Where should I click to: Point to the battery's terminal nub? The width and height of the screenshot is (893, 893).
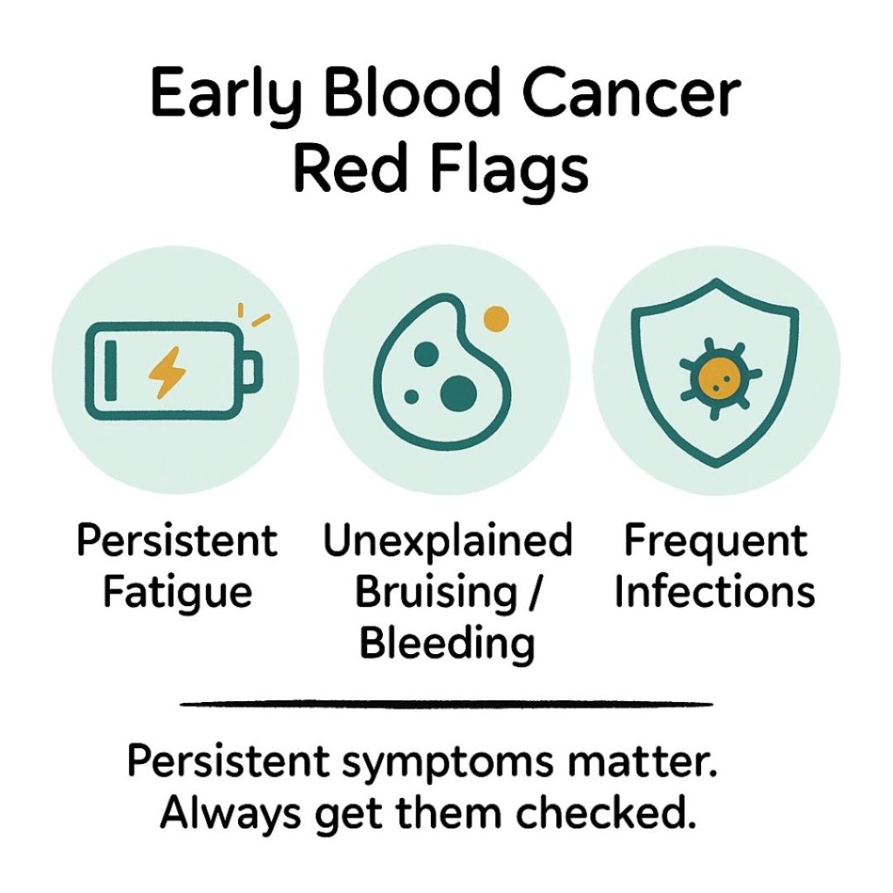(x=249, y=372)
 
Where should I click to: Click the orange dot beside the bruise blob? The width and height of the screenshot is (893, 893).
(x=495, y=318)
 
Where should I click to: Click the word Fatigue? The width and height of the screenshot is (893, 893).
(x=177, y=592)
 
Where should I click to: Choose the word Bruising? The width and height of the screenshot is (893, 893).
(x=436, y=592)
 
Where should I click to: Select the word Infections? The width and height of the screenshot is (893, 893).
(x=715, y=592)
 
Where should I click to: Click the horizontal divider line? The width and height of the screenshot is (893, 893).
(x=446, y=703)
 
